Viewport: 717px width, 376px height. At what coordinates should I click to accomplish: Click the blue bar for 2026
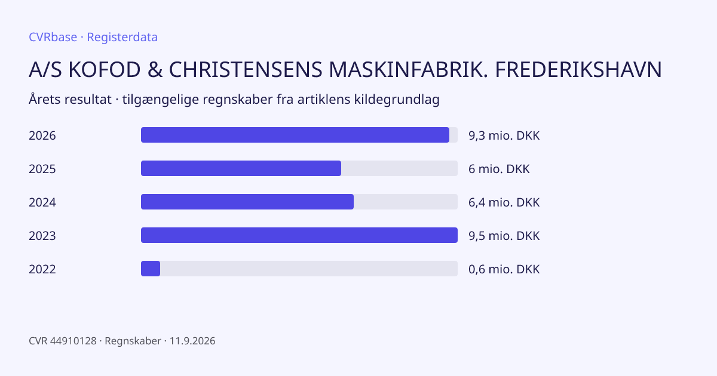295,135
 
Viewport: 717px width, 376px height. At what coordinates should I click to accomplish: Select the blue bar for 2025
241,168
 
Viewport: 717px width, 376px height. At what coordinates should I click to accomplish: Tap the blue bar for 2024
247,202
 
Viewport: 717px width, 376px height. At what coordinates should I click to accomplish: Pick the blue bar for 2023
299,235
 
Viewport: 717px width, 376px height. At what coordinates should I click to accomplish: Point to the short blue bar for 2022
151,269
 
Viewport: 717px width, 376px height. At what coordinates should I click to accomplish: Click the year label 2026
42,135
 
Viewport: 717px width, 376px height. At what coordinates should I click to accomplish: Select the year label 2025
42,169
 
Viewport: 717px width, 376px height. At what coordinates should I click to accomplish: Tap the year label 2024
42,202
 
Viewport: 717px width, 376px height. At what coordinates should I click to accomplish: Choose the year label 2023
42,236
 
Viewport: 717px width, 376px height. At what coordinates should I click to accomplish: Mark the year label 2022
42,269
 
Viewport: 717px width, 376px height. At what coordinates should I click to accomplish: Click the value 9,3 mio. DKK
504,135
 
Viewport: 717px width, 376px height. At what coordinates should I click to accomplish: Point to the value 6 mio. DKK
499,169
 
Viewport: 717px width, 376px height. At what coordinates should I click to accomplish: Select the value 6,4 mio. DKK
504,202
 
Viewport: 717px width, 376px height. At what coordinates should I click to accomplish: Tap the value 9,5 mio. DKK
504,236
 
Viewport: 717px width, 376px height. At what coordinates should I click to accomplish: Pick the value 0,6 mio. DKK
504,269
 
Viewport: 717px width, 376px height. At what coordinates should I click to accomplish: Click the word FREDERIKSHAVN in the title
578,69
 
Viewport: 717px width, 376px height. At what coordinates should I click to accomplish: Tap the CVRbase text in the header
53,37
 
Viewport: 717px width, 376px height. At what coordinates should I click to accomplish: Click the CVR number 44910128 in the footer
73,341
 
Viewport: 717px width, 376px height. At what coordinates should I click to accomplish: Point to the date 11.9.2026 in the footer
192,341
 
